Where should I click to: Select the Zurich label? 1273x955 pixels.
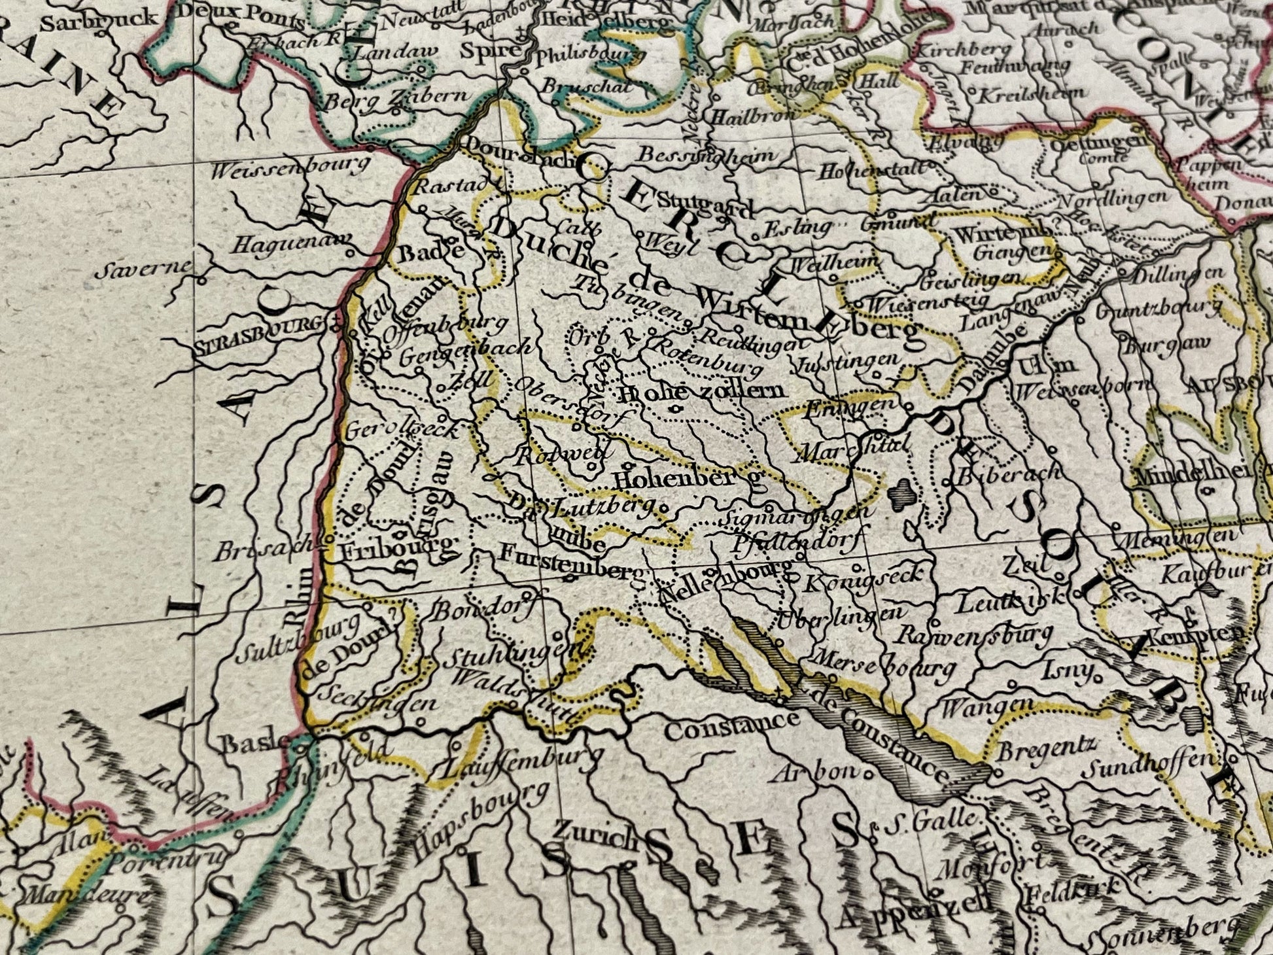[595, 832]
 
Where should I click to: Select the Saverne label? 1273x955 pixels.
[144, 268]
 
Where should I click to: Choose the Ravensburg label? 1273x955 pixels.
[974, 634]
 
